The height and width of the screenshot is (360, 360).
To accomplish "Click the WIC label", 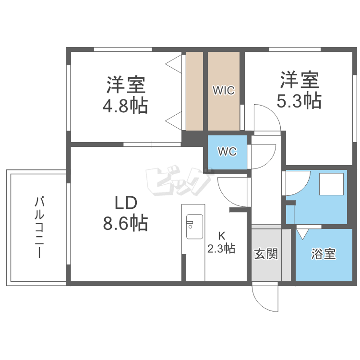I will pyautogui.click(x=224, y=90).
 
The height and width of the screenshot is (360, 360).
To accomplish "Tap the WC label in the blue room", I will pyautogui.click(x=227, y=152).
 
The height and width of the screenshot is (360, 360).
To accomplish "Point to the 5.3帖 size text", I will pyautogui.click(x=299, y=100).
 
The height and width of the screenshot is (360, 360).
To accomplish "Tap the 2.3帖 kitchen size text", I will pyautogui.click(x=221, y=248).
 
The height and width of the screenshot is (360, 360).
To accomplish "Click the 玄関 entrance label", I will pyautogui.click(x=265, y=253).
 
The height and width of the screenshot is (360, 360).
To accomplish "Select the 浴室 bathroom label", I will pyautogui.click(x=323, y=254).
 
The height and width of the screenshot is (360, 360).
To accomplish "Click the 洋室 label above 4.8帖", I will pyautogui.click(x=125, y=85).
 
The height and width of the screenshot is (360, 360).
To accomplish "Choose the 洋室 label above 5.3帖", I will pyautogui.click(x=299, y=80).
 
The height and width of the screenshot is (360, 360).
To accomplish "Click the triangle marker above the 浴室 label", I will pyautogui.click(x=303, y=234).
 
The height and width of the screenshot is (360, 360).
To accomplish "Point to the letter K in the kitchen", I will pyautogui.click(x=221, y=236).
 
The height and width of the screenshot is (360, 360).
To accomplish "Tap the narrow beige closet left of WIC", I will pyautogui.click(x=194, y=90).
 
